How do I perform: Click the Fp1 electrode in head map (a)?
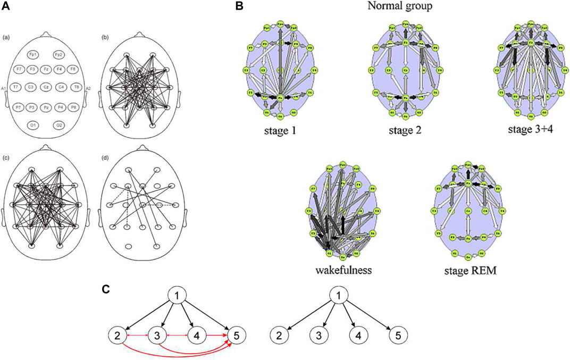pyautogui.click(x=33, y=54)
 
